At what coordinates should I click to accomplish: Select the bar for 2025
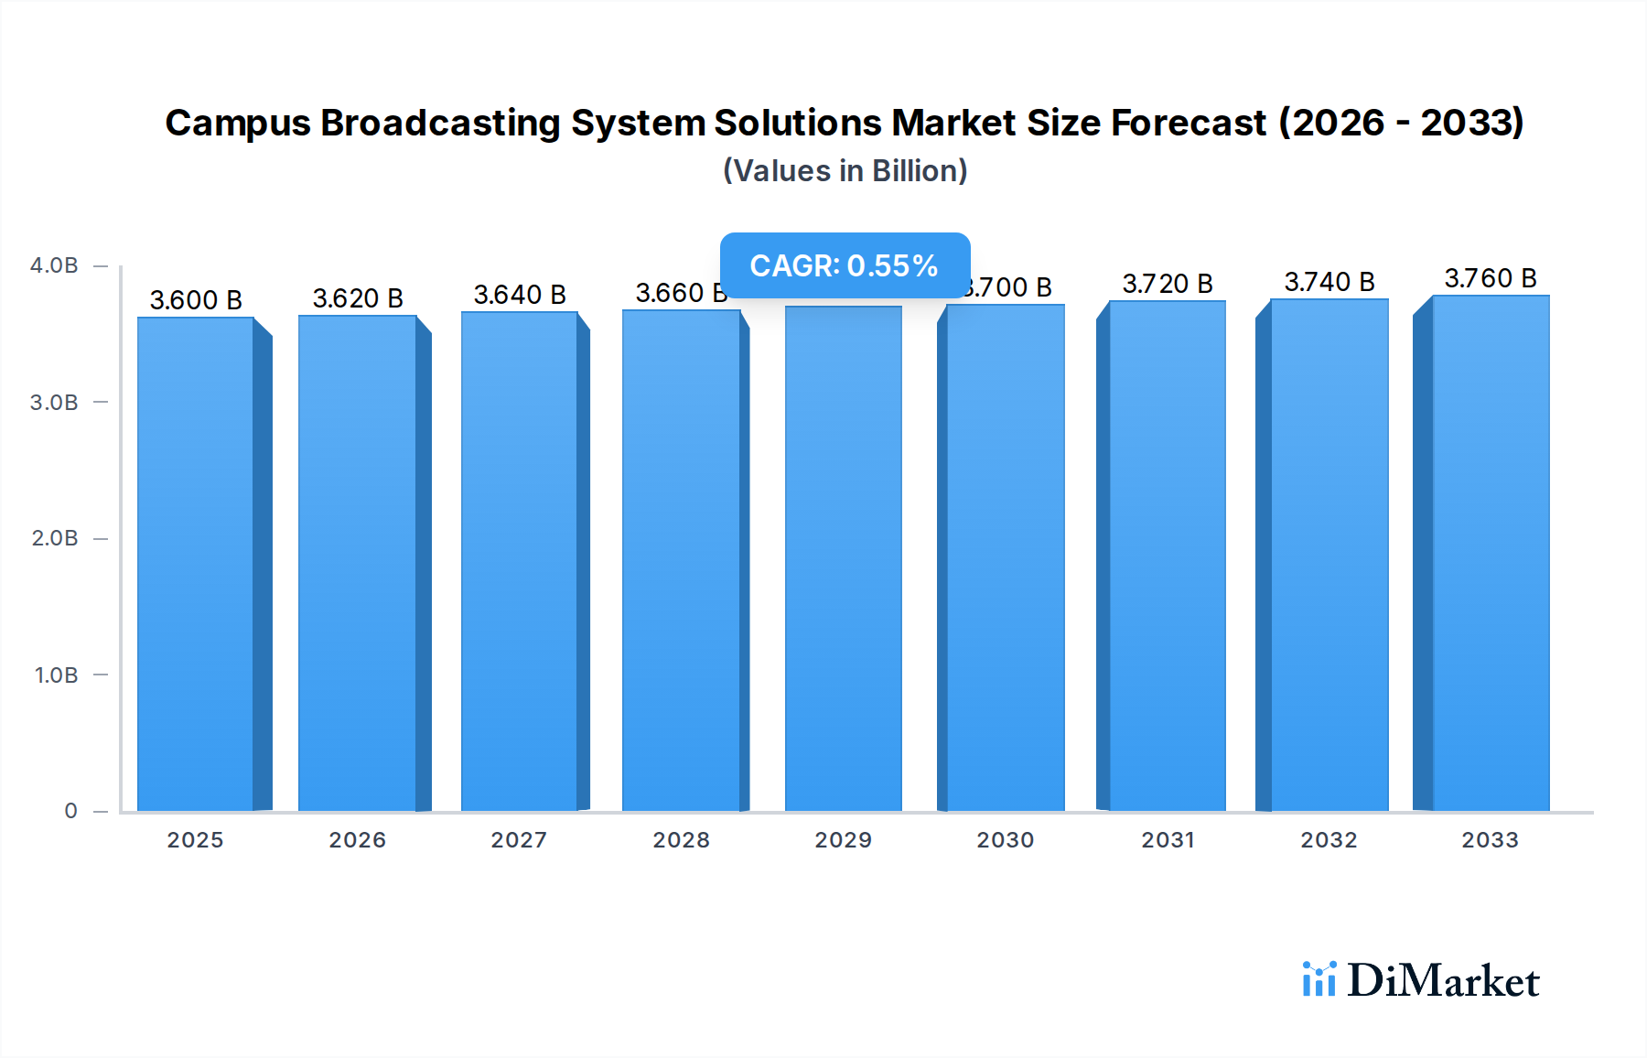coord(196,563)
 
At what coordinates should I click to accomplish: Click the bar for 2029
coord(844,558)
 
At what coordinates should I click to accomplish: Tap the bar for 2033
coord(1491,553)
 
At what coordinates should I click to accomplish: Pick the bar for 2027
coord(520,561)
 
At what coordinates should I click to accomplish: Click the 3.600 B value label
coord(196,300)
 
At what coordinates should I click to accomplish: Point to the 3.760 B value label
coord(1491,278)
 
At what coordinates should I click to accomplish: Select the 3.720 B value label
coord(1168,284)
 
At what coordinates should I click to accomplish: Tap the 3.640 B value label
coord(520,295)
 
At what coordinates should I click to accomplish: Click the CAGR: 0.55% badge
coord(845,265)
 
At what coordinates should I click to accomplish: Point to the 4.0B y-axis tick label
coord(54,265)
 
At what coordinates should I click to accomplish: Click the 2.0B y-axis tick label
coord(55,538)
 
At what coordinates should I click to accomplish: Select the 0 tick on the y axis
coord(70,811)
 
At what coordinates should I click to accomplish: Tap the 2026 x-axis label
coord(358,840)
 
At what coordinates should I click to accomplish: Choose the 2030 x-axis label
coord(1006,840)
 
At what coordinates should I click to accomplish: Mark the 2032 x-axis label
coord(1329,840)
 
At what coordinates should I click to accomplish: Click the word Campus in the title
coord(238,124)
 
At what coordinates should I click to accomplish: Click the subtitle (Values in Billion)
coord(845,171)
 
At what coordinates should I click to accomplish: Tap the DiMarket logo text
coord(1443,981)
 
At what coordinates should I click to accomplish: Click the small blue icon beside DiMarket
coord(1319,979)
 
